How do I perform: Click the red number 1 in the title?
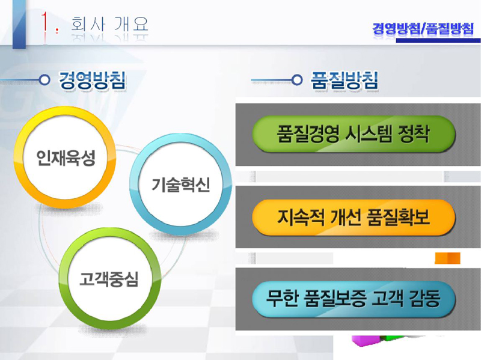click(45, 23)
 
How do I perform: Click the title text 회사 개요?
click(110, 24)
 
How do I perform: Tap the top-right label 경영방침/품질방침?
click(423, 29)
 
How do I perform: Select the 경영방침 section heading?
click(92, 81)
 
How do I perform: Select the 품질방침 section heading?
click(345, 81)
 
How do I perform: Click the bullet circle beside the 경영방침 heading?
click(44, 80)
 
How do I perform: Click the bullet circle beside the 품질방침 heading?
click(297, 80)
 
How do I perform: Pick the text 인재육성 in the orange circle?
click(66, 157)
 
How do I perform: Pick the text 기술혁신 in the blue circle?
click(181, 185)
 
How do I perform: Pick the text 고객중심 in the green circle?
click(109, 279)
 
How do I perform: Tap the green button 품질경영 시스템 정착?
click(354, 134)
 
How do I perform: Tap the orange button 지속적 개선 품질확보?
click(354, 218)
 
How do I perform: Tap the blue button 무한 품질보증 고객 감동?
click(354, 299)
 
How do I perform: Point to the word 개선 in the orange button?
click(341, 218)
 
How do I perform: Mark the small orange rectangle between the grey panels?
click(447, 258)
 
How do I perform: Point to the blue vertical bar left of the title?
click(19, 24)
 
